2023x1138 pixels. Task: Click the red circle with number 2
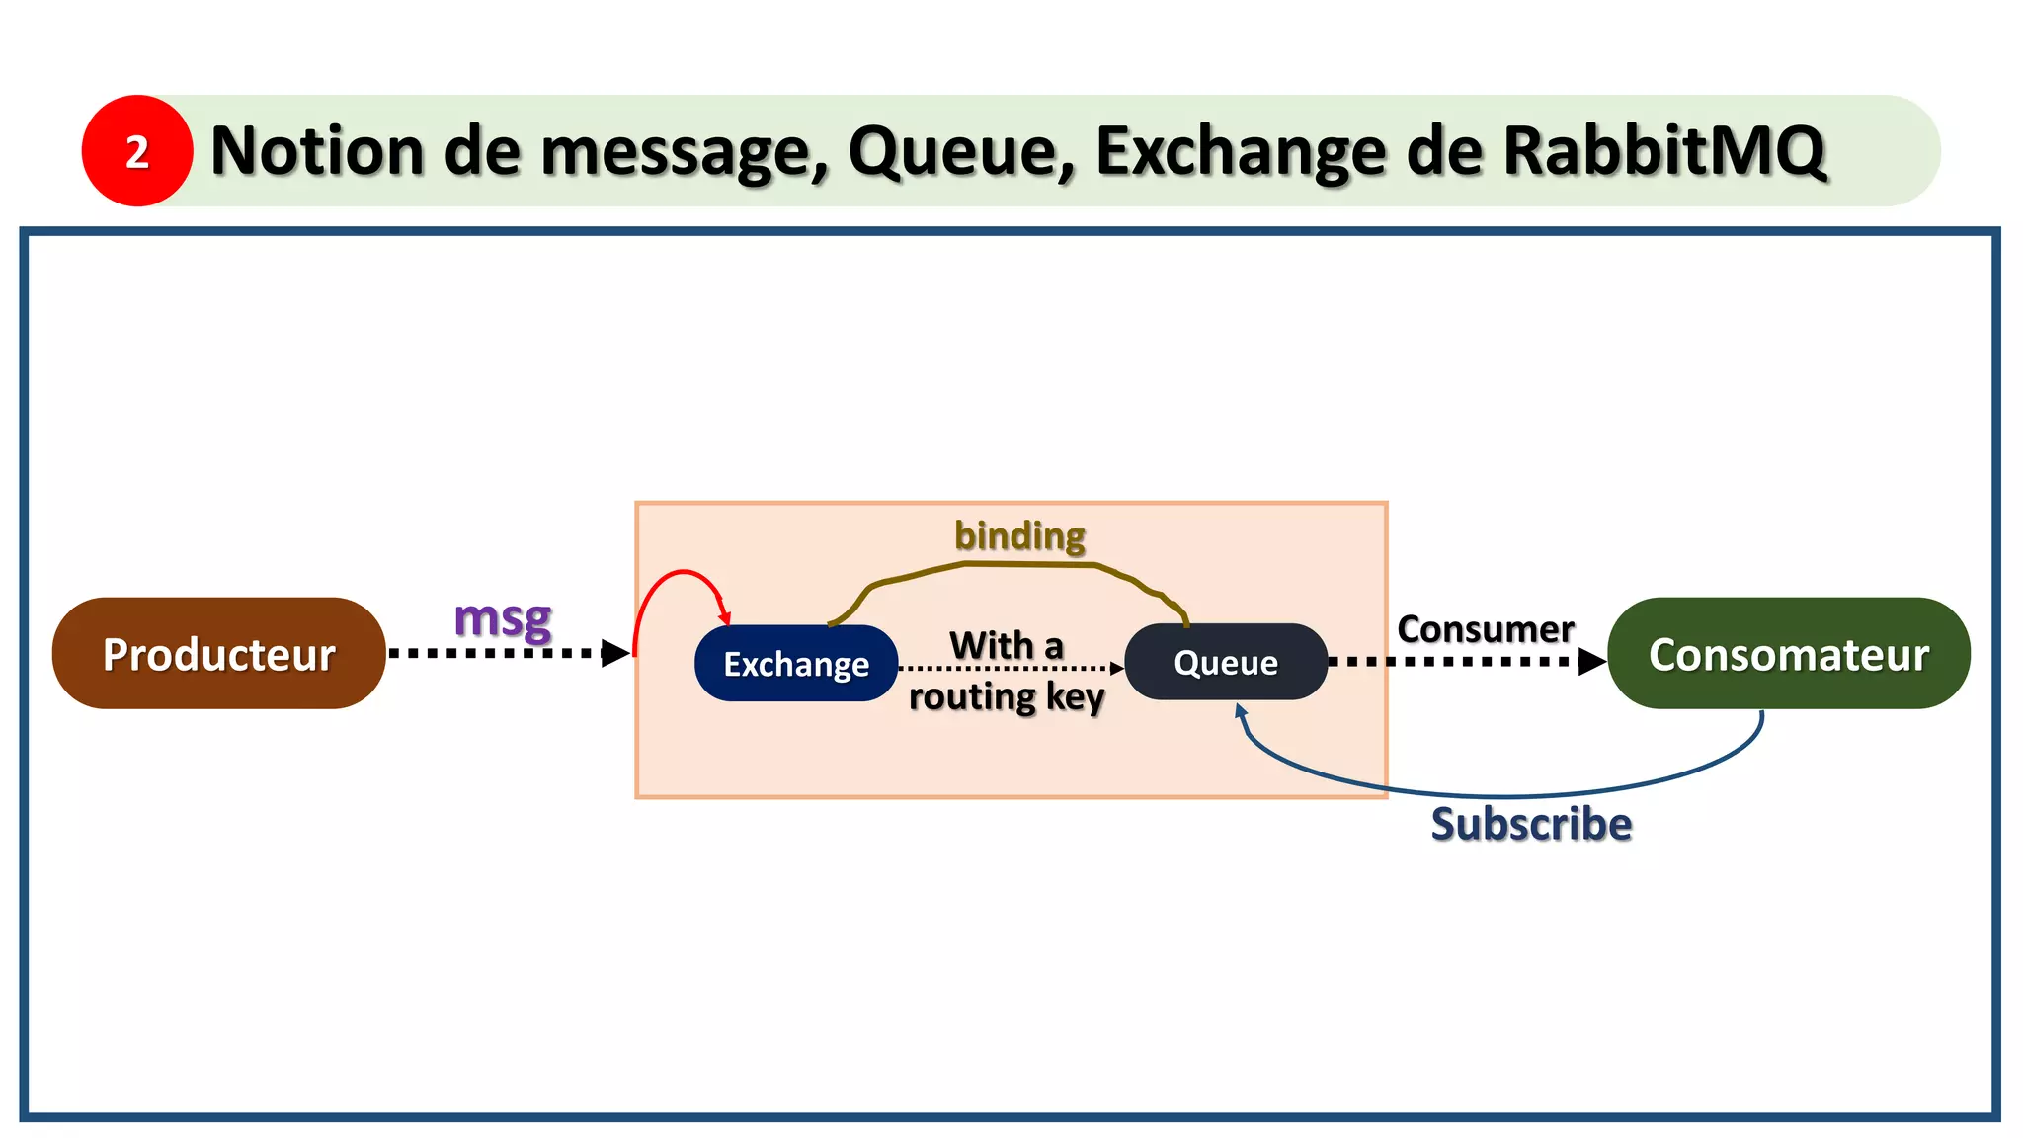click(137, 151)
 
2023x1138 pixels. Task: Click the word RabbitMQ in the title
click(1664, 151)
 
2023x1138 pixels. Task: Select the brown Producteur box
click(218, 654)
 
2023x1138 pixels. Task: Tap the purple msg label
click(503, 619)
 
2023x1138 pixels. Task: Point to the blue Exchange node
click(796, 664)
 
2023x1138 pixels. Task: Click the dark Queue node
click(1226, 662)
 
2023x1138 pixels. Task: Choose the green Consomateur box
click(1788, 654)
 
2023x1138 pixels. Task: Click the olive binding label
click(1019, 536)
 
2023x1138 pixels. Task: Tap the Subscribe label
click(1531, 824)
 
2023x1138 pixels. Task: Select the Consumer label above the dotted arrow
click(1485, 629)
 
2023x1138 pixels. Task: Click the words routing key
click(1006, 697)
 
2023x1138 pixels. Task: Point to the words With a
click(1006, 646)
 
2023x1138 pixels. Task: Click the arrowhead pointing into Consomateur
click(1591, 662)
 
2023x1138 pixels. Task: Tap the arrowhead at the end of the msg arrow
click(615, 653)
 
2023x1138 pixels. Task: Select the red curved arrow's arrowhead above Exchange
click(725, 615)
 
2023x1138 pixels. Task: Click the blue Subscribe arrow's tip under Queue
click(1241, 709)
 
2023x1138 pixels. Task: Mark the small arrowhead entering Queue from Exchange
click(1117, 669)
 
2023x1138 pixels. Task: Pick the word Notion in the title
click(318, 151)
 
